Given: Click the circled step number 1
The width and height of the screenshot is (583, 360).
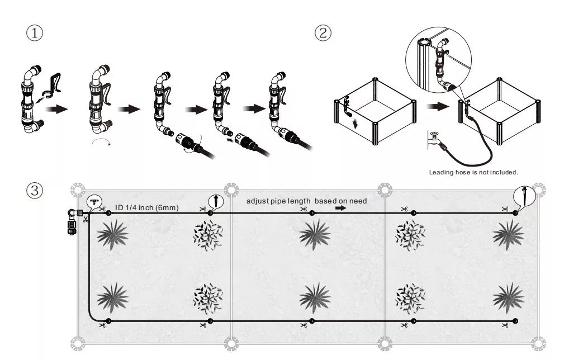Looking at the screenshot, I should coord(35,32).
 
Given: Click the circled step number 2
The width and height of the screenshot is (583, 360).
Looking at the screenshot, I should coord(323,32).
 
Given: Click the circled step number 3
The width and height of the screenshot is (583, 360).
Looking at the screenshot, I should coord(35,190).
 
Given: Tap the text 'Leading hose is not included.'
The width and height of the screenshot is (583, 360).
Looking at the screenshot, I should coord(473,172).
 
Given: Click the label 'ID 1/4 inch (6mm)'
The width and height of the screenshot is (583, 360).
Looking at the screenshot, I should coord(146,207).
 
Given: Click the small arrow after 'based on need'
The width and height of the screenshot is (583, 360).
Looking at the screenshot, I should coord(340,207).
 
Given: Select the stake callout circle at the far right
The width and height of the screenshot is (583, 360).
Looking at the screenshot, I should coord(524,197).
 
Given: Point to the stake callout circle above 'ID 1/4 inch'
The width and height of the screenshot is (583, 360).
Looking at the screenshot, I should coord(215,200).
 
